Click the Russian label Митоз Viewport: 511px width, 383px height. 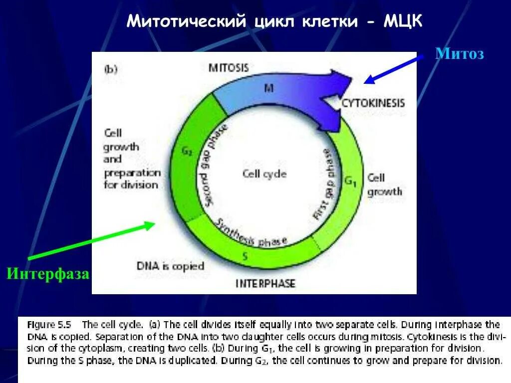[459, 54]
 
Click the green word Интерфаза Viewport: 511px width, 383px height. [48, 273]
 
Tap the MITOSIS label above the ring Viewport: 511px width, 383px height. [229, 68]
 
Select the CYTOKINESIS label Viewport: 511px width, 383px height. [373, 103]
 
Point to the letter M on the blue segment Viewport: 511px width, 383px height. [268, 88]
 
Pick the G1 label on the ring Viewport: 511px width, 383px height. [350, 181]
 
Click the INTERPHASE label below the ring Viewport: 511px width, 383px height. [265, 284]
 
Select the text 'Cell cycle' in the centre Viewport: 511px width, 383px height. [264, 174]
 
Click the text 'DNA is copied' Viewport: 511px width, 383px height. [170, 266]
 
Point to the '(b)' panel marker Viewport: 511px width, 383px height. [110, 69]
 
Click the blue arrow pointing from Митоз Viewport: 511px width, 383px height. [394, 69]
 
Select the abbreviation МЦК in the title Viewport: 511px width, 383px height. [403, 21]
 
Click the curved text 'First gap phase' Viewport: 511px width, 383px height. [322, 184]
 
